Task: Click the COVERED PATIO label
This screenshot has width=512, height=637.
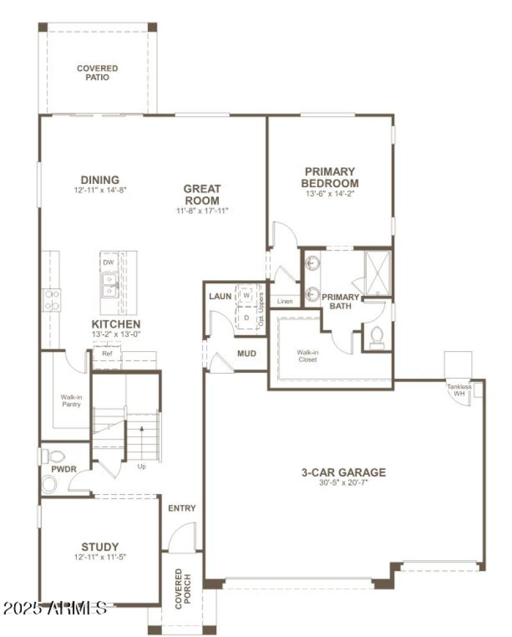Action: click(x=97, y=72)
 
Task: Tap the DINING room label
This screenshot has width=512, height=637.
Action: click(x=100, y=180)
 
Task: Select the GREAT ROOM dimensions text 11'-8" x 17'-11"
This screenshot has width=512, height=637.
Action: click(x=202, y=210)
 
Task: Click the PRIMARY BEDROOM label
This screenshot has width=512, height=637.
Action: click(x=330, y=178)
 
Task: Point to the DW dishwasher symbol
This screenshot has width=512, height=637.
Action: click(x=108, y=262)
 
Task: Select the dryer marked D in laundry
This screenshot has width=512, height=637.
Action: click(x=246, y=317)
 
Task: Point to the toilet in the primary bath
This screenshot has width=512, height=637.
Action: click(x=377, y=336)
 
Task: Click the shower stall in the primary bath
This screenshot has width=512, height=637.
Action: click(x=377, y=272)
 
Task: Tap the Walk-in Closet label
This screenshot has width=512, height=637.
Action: click(x=307, y=355)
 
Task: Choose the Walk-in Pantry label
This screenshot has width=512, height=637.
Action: click(x=71, y=401)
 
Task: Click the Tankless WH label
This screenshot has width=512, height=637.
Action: click(x=459, y=390)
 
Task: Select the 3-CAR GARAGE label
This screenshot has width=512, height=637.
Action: click(x=344, y=473)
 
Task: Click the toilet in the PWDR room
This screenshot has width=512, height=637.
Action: click(x=55, y=456)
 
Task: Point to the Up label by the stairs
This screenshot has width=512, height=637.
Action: click(x=141, y=467)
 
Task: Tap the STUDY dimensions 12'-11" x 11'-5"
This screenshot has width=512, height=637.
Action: click(x=100, y=557)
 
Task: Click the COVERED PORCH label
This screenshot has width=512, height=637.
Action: click(x=183, y=587)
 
